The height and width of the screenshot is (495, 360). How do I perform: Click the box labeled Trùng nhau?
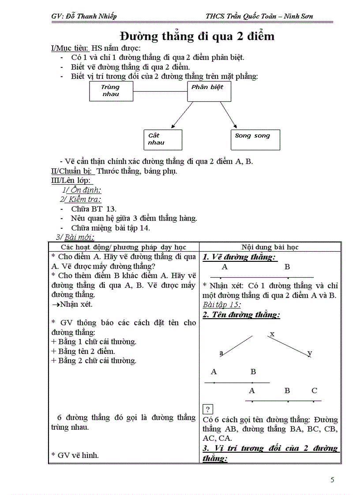[111, 92]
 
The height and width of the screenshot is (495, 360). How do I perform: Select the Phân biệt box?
[209, 92]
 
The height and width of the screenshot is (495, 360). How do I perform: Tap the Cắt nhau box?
[163, 140]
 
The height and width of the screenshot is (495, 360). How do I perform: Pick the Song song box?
[255, 140]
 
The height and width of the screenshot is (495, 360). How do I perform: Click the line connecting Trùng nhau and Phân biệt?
[160, 92]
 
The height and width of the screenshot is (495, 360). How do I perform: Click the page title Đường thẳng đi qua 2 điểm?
[197, 36]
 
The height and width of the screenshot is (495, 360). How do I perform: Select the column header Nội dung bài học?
[270, 247]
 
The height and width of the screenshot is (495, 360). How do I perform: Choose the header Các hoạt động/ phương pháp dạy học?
[124, 247]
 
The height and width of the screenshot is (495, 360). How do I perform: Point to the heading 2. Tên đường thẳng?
[241, 315]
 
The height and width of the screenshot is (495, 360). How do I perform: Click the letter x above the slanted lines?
[272, 334]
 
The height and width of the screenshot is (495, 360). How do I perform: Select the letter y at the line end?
[310, 353]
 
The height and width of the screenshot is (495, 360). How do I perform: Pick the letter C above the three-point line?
[314, 390]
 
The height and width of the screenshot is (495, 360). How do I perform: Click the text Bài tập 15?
[222, 305]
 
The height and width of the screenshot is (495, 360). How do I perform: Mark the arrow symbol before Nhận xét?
[56, 304]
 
